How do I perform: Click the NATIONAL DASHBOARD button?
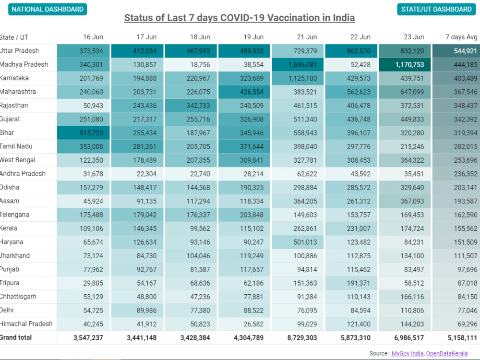pyautogui.click(x=48, y=9)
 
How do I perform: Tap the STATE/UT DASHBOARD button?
pyautogui.click(x=436, y=9)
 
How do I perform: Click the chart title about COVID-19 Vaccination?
pyautogui.click(x=240, y=18)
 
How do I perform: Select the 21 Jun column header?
pyautogui.click(x=307, y=37)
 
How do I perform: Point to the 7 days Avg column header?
pyautogui.click(x=461, y=37)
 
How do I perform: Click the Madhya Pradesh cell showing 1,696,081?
pyautogui.click(x=298, y=65)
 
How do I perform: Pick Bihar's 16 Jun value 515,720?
pyautogui.click(x=83, y=133)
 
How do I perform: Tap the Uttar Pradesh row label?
pyautogui.click(x=20, y=51)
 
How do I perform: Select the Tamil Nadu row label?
pyautogui.click(x=16, y=146)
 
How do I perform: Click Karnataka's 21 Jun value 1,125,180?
pyautogui.click(x=298, y=78)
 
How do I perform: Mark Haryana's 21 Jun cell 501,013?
pyautogui.click(x=298, y=242)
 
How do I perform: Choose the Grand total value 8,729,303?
pyautogui.click(x=302, y=337)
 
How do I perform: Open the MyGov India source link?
pyautogui.click(x=407, y=353)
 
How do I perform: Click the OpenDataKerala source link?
pyautogui.click(x=446, y=353)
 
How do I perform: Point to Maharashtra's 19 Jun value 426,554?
pyautogui.click(x=244, y=92)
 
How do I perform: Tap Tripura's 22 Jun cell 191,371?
pyautogui.click(x=351, y=283)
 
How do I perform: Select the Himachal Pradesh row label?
pyautogui.click(x=26, y=324)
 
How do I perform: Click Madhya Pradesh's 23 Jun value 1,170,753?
pyautogui.click(x=405, y=65)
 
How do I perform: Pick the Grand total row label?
pyautogui.click(x=16, y=337)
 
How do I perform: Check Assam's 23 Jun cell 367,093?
pyautogui.click(x=405, y=201)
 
